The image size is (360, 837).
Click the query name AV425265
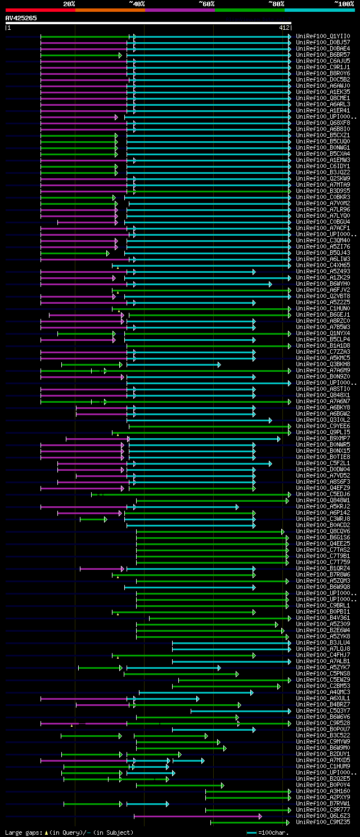[x=21, y=18]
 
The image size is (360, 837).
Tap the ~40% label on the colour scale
[x=137, y=3]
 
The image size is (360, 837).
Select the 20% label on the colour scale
[x=69, y=3]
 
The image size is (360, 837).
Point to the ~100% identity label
[x=344, y=3]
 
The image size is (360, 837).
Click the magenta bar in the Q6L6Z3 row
[x=197, y=816]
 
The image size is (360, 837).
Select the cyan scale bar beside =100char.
[x=251, y=832]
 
